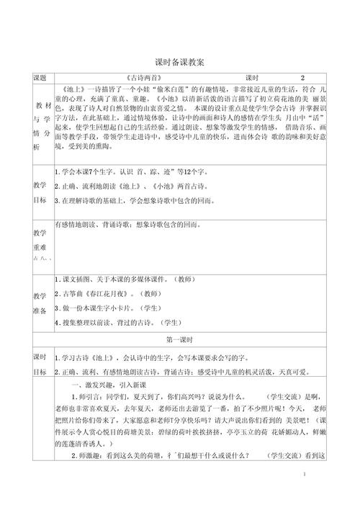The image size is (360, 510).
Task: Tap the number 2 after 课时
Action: pyautogui.click(x=302, y=77)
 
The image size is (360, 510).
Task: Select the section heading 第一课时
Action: pyautogui.click(x=180, y=338)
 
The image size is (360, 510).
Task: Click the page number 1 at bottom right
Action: pyautogui.click(x=305, y=495)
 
